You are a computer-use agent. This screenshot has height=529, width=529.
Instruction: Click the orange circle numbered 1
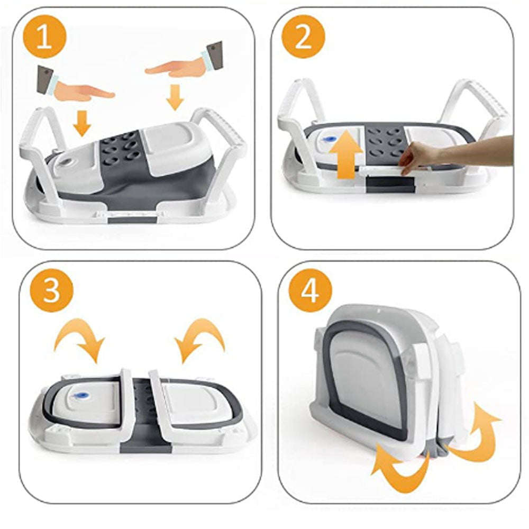coord(45,37)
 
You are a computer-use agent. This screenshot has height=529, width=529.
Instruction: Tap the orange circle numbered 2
coord(303,36)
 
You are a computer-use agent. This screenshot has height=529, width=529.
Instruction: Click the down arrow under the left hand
coord(82,124)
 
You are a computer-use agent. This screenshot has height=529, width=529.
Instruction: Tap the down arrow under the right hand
coord(175,97)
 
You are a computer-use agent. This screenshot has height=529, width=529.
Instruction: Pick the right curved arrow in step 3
coord(200,339)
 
